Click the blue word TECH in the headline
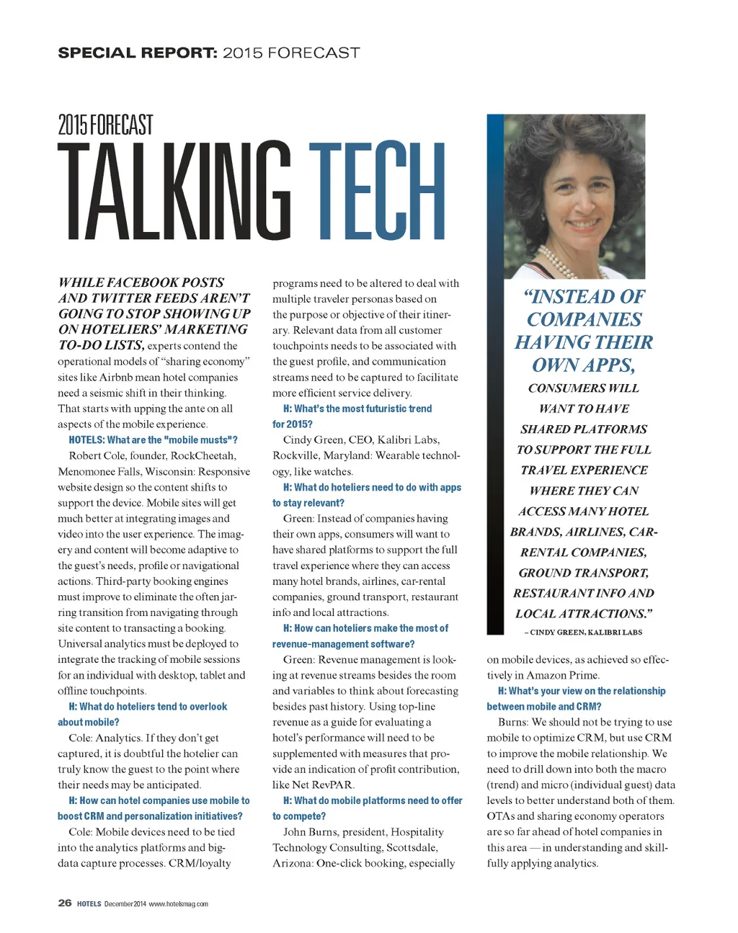coord(377,192)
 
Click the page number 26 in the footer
coord(65,903)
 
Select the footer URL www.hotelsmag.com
coord(178,903)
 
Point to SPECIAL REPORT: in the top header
coord(137,53)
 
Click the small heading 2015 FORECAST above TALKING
coord(105,125)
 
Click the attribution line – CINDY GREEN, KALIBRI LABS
coord(583,632)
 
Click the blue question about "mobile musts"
coord(153,439)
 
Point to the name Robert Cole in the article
coord(97,455)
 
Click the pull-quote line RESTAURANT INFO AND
coord(584,593)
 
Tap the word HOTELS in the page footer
coord(89,903)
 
